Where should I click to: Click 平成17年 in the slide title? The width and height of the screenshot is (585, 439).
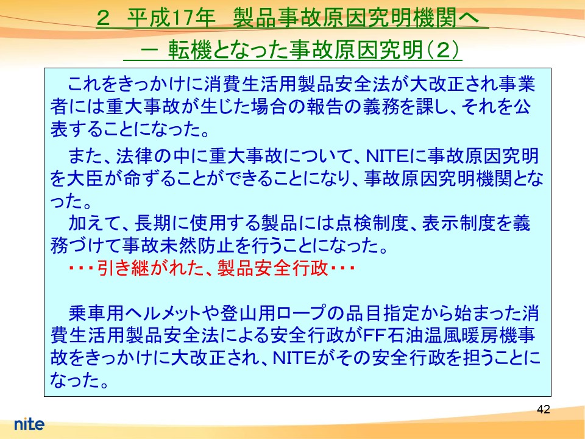coord(171,17)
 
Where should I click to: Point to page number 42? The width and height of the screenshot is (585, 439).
coord(543,409)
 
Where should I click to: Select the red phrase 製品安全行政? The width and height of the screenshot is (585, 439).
coord(273,268)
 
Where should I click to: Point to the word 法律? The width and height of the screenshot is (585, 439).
coord(134,156)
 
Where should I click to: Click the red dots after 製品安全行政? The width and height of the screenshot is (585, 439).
coord(342,268)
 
